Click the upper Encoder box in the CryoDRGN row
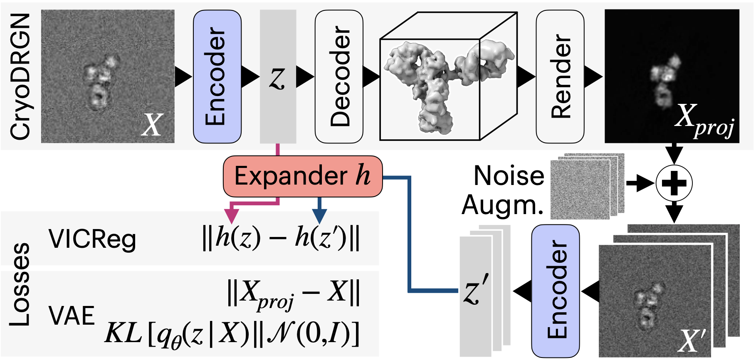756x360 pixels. point(217,76)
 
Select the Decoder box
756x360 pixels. point(339,76)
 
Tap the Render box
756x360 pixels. point(560,76)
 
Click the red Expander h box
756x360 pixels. point(302,176)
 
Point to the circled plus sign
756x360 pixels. point(674,183)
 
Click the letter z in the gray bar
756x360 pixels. point(277,78)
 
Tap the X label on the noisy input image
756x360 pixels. point(151,125)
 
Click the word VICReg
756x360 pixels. point(92,240)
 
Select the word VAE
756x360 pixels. point(72,316)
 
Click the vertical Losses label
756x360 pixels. point(20,284)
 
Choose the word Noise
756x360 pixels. point(509,175)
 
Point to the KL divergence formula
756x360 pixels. point(232,334)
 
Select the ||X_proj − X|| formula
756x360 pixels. point(293,293)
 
